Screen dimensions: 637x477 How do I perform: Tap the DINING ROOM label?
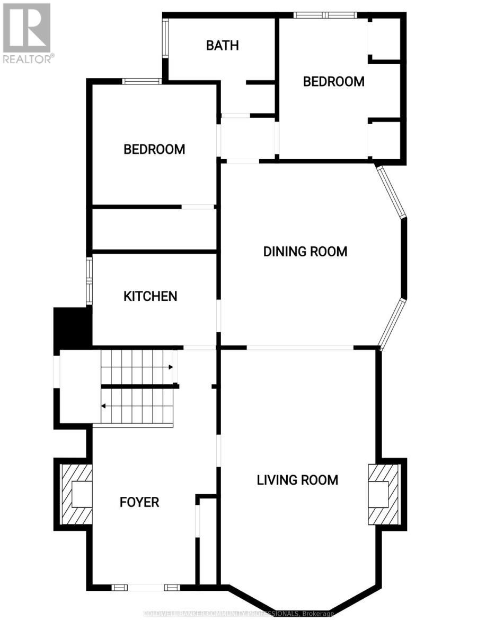(305, 251)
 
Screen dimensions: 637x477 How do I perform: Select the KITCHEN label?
(151, 296)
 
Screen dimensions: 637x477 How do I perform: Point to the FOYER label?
(139, 502)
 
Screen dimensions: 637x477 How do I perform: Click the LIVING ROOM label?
(297, 480)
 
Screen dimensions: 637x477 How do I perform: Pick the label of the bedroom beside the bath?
(334, 82)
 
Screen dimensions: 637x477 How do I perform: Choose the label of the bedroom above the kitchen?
(154, 149)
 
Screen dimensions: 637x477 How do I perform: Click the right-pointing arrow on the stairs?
(171, 367)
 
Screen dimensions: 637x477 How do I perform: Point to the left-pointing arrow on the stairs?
(104, 406)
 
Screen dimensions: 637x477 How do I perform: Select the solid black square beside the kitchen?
(73, 328)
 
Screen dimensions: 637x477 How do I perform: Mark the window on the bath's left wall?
(165, 38)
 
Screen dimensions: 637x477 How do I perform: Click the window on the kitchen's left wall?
(90, 280)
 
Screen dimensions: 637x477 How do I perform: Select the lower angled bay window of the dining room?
(392, 323)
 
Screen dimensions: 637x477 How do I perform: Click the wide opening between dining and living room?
(300, 348)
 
